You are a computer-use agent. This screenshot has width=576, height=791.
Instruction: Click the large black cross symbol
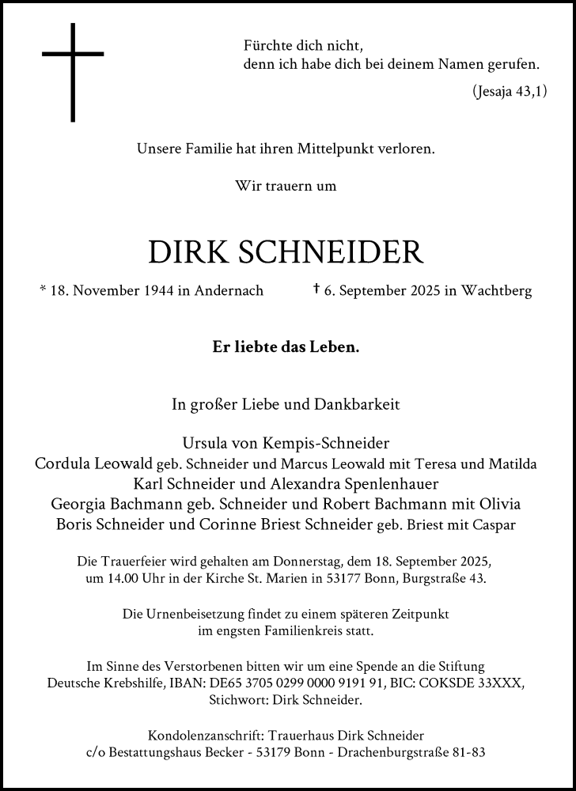(x=73, y=71)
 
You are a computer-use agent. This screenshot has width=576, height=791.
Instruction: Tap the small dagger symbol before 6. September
(x=316, y=290)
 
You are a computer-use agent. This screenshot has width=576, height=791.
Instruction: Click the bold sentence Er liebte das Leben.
(x=286, y=346)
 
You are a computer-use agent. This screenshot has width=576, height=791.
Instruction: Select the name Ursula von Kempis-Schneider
(x=286, y=442)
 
